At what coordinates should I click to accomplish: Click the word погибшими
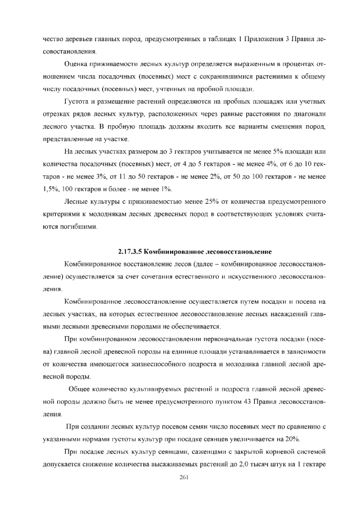[83, 227]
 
